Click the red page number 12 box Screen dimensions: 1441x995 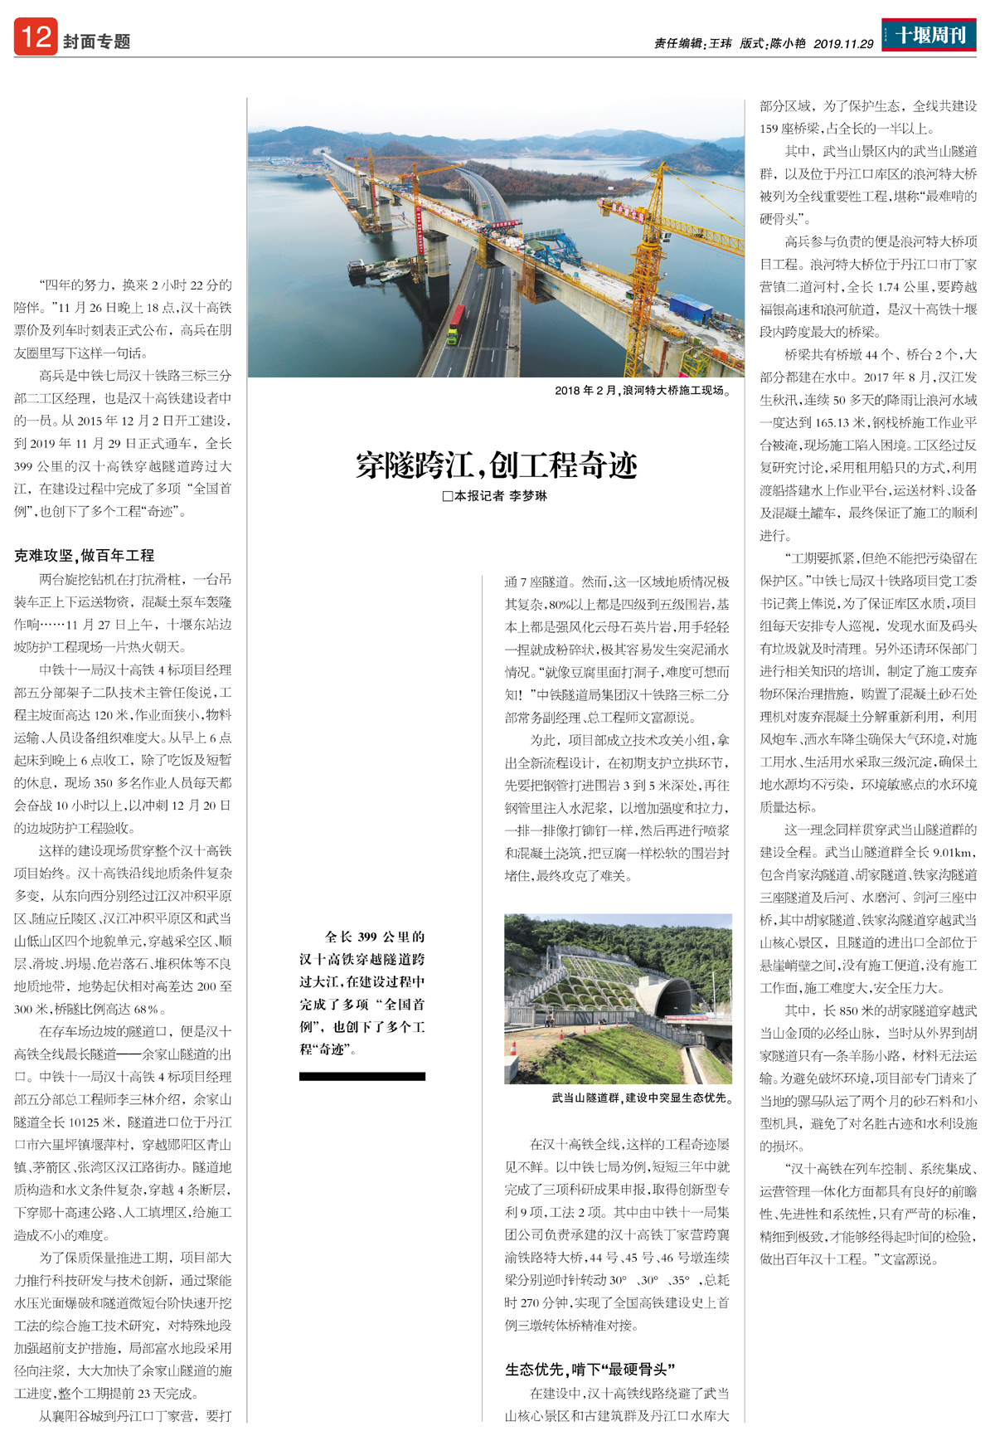click(35, 37)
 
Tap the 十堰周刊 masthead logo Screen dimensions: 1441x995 click(929, 36)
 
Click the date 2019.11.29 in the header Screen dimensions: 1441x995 click(843, 44)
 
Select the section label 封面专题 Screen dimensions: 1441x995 click(97, 41)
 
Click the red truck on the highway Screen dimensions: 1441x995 click(456, 319)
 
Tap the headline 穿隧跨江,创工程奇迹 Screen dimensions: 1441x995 click(496, 465)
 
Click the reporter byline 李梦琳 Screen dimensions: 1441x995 click(528, 496)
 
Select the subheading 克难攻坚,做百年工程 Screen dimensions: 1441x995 click(84, 556)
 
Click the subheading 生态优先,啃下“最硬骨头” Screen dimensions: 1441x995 click(590, 1369)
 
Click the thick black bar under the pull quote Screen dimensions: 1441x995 click(362, 1076)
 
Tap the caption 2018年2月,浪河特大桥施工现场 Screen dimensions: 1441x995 click(643, 390)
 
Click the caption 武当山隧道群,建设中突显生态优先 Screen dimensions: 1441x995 click(642, 1098)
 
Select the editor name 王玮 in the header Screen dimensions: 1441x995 click(720, 44)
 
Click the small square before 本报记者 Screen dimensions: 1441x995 click(447, 496)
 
